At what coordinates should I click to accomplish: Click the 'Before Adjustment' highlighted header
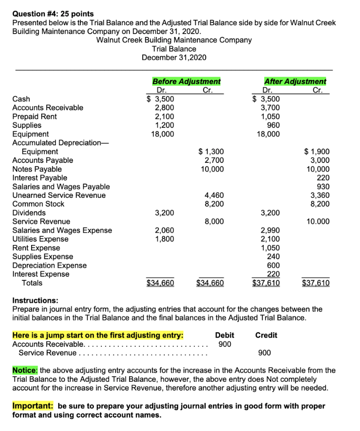pos(186,81)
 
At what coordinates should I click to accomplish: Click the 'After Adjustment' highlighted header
pos(295,81)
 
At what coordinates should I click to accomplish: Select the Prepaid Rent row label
pos(34,117)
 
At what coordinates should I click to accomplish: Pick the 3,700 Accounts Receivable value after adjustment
pos(270,108)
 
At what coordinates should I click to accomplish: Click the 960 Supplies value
pos(273,125)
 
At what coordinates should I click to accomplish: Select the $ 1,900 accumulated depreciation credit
pos(317,152)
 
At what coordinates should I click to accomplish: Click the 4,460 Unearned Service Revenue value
pos(214,195)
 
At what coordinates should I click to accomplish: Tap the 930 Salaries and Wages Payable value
pos(323,186)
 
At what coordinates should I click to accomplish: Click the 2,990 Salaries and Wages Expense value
pos(270,230)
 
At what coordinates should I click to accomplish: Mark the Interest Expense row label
pos(41,274)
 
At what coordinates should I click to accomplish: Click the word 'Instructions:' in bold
pos(35,301)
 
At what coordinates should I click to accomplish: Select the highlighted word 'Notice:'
pos(26,370)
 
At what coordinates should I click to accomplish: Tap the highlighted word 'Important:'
pos(33,406)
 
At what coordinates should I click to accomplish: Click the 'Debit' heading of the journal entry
pos(225,335)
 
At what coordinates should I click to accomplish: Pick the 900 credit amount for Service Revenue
pos(265,353)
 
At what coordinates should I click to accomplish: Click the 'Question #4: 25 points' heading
pos(53,14)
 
